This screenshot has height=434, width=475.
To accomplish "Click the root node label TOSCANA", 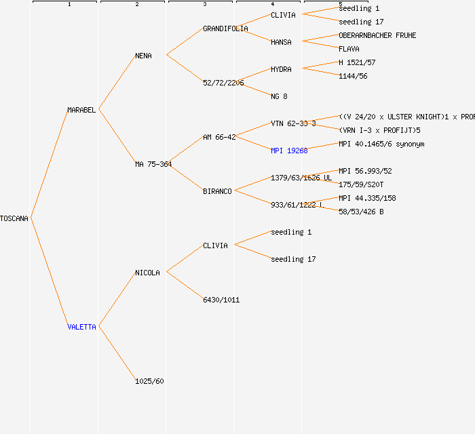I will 14,218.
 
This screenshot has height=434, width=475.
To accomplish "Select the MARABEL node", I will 81,110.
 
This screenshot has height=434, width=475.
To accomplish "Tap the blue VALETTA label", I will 81,327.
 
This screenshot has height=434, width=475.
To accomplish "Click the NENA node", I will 143,56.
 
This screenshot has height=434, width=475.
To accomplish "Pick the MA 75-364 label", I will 153,164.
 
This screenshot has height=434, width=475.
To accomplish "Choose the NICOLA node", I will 147,273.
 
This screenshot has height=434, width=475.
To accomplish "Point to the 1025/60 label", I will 149,381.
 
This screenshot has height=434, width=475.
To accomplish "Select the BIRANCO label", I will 217,191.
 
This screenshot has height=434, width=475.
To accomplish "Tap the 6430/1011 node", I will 221,300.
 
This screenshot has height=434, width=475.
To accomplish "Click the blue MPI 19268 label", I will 289,151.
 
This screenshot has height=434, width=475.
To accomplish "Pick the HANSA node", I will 281,42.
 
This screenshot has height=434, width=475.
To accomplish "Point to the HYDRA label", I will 281,69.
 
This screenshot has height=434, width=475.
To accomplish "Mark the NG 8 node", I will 279,96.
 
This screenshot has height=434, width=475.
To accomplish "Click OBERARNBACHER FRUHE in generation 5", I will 377,35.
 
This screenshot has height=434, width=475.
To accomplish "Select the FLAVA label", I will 349,49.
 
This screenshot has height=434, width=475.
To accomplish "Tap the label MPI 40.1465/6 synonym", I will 381,144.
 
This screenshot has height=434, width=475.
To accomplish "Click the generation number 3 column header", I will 204,5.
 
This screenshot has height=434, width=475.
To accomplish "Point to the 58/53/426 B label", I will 361,212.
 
